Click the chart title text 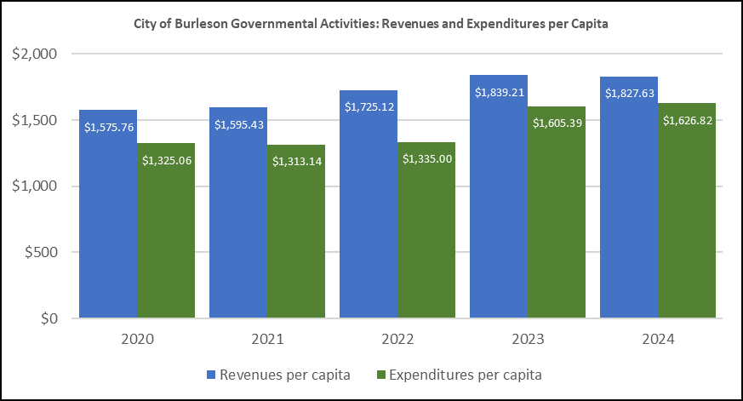(x=371, y=24)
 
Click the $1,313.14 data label (x=296, y=160)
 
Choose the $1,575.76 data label (x=108, y=127)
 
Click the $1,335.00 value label (x=426, y=158)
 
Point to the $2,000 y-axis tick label (x=34, y=54)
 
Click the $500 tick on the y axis (x=40, y=252)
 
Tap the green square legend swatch (x=380, y=374)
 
